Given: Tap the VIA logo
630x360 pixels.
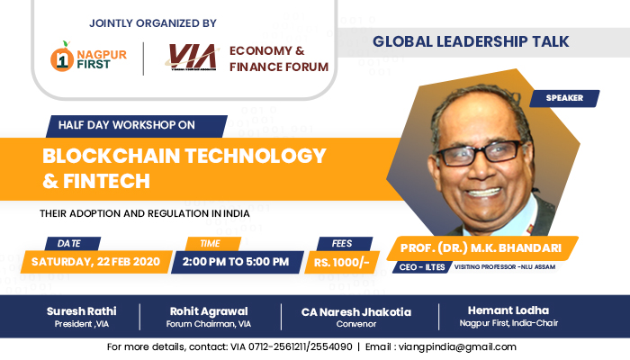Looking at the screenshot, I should click(x=193, y=58).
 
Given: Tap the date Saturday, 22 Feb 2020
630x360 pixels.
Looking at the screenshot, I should click(x=95, y=261).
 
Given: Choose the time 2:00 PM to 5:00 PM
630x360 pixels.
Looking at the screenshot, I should click(x=235, y=261).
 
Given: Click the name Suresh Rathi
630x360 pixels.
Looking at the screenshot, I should click(x=82, y=311).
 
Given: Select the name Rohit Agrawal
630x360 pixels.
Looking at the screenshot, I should click(x=208, y=311).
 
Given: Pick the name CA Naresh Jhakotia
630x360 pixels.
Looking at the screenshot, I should click(x=357, y=311).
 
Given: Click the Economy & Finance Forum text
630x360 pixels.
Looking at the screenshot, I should click(x=278, y=58).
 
